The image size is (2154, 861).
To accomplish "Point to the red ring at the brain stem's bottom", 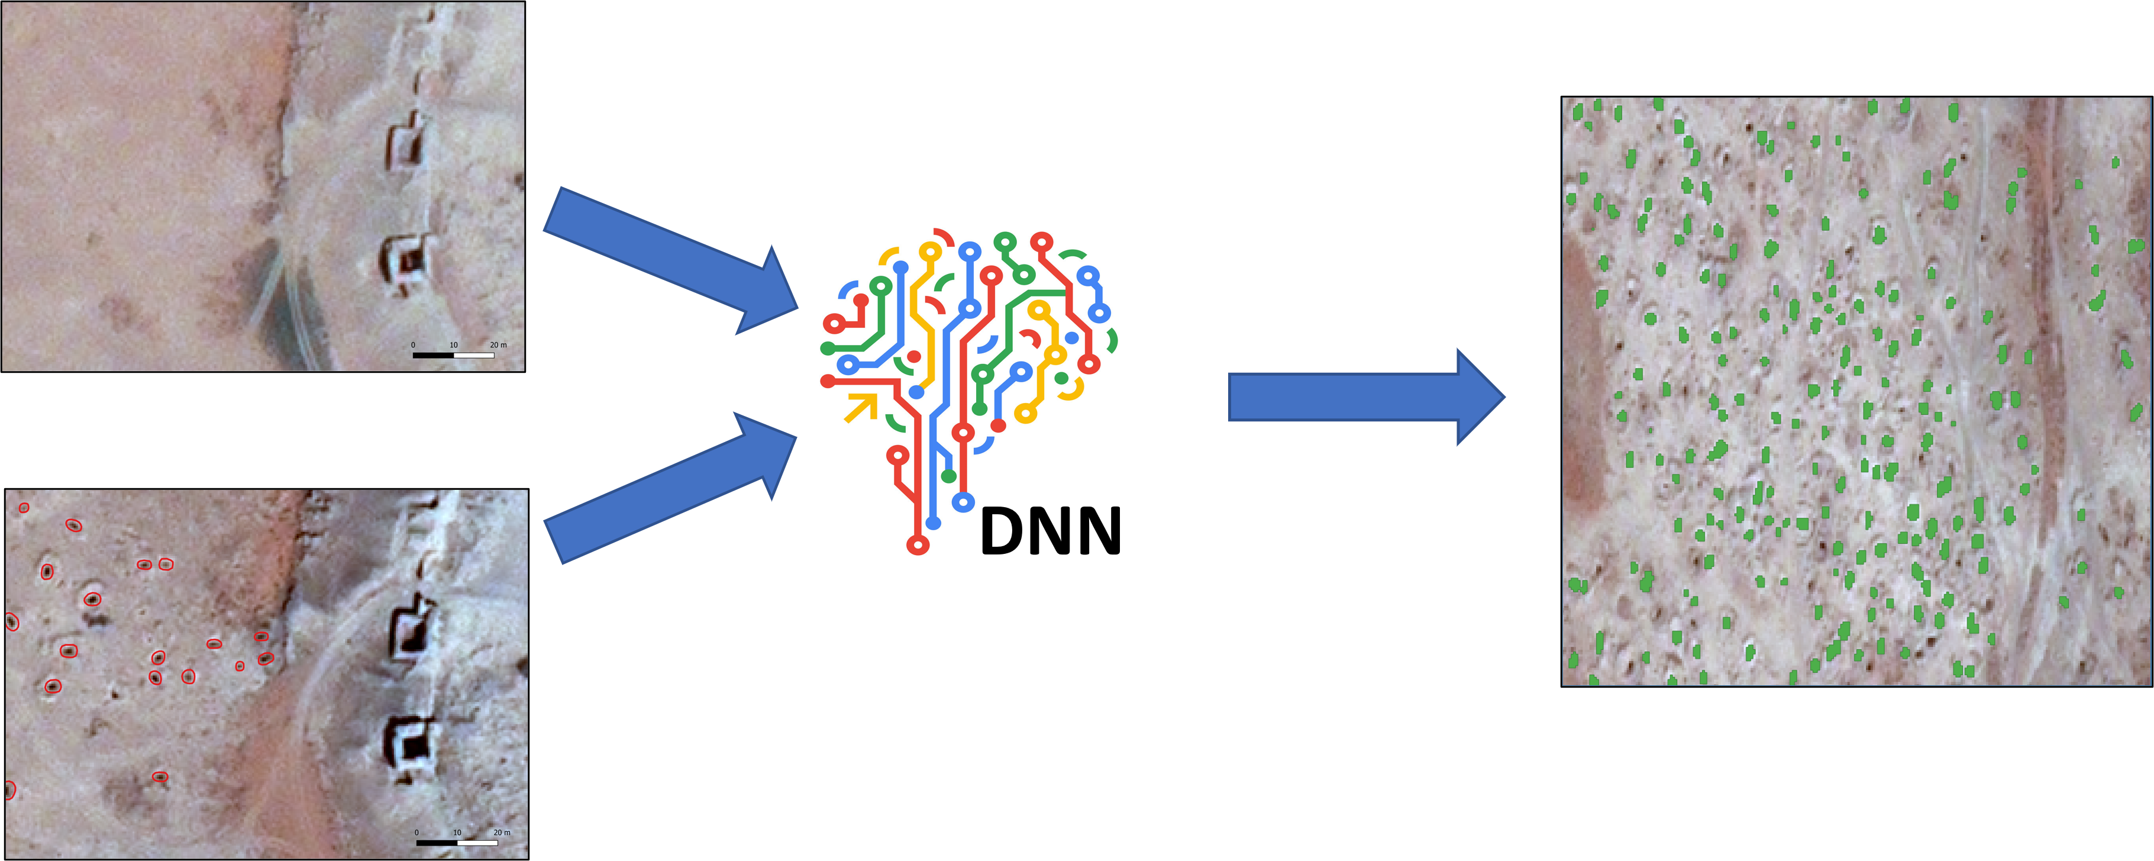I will (918, 546).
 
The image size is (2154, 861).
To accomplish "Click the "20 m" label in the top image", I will (498, 345).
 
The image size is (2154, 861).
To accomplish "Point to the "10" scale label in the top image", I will (453, 345).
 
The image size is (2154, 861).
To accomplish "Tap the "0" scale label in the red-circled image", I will (416, 833).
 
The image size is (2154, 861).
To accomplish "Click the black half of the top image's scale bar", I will (433, 356).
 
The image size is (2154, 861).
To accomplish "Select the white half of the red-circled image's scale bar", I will (477, 843).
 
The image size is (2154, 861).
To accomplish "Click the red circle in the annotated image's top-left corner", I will (24, 508).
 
